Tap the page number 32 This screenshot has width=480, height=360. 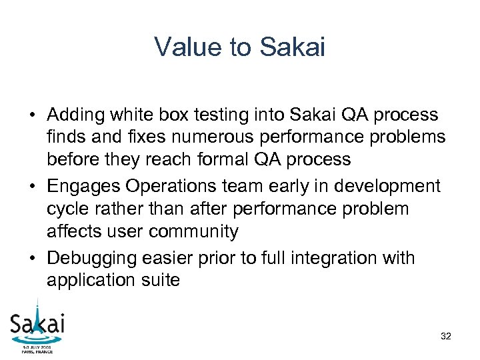pyautogui.click(x=446, y=337)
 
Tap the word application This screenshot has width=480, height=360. pyautogui.click(x=89, y=280)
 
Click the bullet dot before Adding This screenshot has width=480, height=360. pyautogui.click(x=31, y=116)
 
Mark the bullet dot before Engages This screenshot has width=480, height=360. pyautogui.click(x=31, y=187)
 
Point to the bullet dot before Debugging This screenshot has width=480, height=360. pyautogui.click(x=31, y=258)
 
